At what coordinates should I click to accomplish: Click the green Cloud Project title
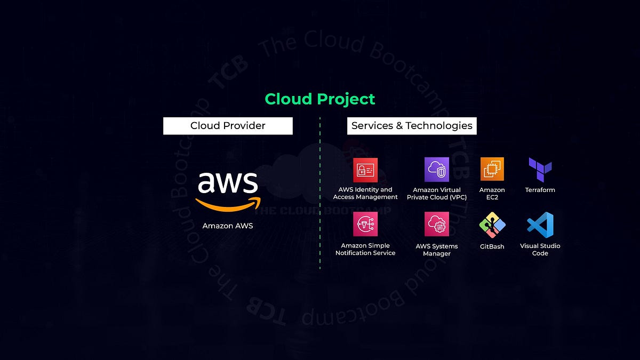[x=320, y=99]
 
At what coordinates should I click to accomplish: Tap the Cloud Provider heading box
[x=228, y=126]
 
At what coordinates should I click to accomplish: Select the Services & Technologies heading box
[x=412, y=126]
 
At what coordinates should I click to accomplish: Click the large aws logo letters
[x=228, y=182]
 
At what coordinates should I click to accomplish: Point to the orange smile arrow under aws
[x=228, y=204]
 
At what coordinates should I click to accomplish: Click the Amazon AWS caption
[x=228, y=226]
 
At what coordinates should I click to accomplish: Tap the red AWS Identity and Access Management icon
[x=365, y=170]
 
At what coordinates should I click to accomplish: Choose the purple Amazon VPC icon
[x=437, y=170]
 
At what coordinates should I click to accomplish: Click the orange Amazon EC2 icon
[x=492, y=170]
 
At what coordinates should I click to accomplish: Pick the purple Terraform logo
[x=540, y=170]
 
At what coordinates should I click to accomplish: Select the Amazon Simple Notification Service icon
[x=365, y=224]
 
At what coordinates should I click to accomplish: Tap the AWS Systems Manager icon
[x=437, y=224]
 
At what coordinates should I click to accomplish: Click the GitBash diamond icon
[x=492, y=225]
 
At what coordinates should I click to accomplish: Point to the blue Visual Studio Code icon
[x=540, y=225]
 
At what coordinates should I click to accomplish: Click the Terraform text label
[x=540, y=190]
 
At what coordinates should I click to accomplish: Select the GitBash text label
[x=492, y=246]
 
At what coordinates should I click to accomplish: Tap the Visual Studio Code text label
[x=540, y=250]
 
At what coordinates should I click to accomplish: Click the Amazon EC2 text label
[x=492, y=194]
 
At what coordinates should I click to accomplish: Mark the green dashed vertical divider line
[x=320, y=192]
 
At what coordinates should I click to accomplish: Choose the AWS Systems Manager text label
[x=437, y=250]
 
